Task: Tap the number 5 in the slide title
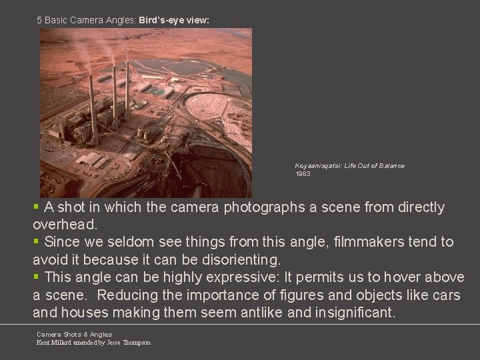tap(39, 21)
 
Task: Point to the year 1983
tap(303, 174)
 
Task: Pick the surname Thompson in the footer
tap(136, 343)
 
